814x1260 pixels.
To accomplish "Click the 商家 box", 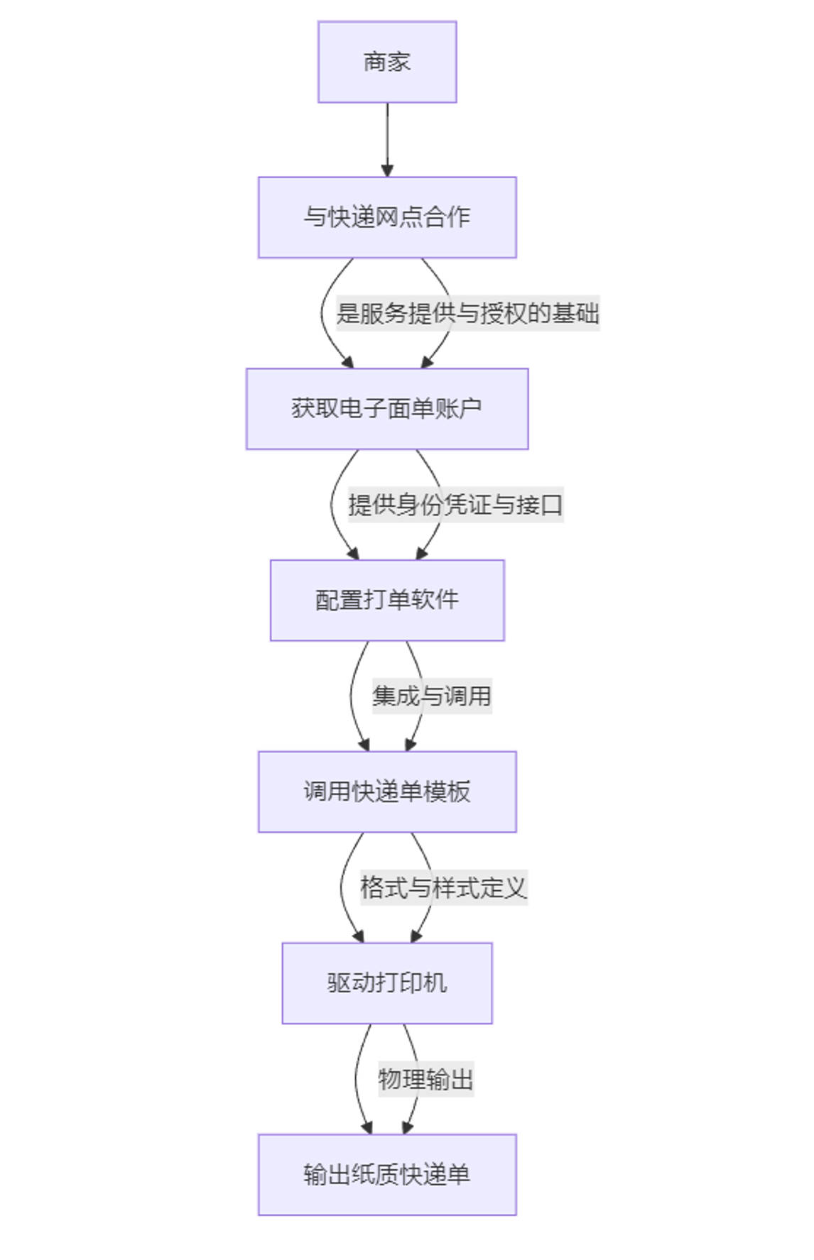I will (387, 62).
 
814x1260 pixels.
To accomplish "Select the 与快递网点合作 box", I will (387, 217).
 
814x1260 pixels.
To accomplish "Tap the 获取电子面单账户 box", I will (387, 409).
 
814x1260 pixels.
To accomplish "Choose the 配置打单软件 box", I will (387, 601).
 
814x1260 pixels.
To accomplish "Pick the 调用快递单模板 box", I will (387, 791).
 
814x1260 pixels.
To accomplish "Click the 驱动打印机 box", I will (387, 983).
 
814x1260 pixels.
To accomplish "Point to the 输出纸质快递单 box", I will (387, 1175).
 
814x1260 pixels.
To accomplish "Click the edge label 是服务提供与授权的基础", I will (467, 313).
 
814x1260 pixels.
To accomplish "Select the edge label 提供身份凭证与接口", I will (455, 505).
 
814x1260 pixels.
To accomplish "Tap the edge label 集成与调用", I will (432, 696).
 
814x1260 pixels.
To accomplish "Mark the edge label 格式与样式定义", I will (443, 887).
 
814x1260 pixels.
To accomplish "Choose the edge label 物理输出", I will (425, 1079).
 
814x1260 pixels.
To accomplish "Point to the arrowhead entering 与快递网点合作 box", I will (387, 170).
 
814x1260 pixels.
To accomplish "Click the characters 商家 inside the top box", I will (387, 62).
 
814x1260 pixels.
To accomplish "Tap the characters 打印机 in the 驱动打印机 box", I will (411, 983).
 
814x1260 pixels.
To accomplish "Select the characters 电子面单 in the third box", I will (387, 409).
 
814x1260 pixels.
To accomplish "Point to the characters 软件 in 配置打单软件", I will (435, 601).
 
